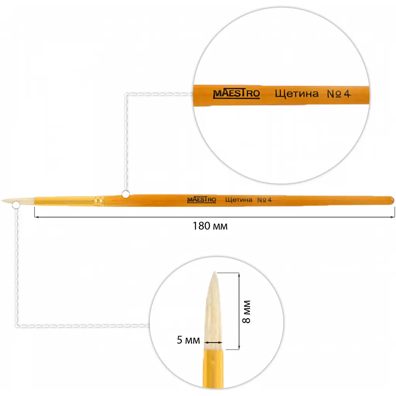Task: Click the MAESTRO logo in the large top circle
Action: [236, 94]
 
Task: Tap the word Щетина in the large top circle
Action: [297, 94]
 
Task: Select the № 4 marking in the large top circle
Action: [339, 94]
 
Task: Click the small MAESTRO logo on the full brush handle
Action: [201, 200]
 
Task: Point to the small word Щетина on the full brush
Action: [239, 200]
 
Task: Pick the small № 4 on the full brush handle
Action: [265, 200]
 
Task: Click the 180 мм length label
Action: [210, 226]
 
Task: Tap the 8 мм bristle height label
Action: [246, 312]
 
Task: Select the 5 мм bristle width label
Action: [188, 340]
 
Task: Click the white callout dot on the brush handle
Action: [126, 195]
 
